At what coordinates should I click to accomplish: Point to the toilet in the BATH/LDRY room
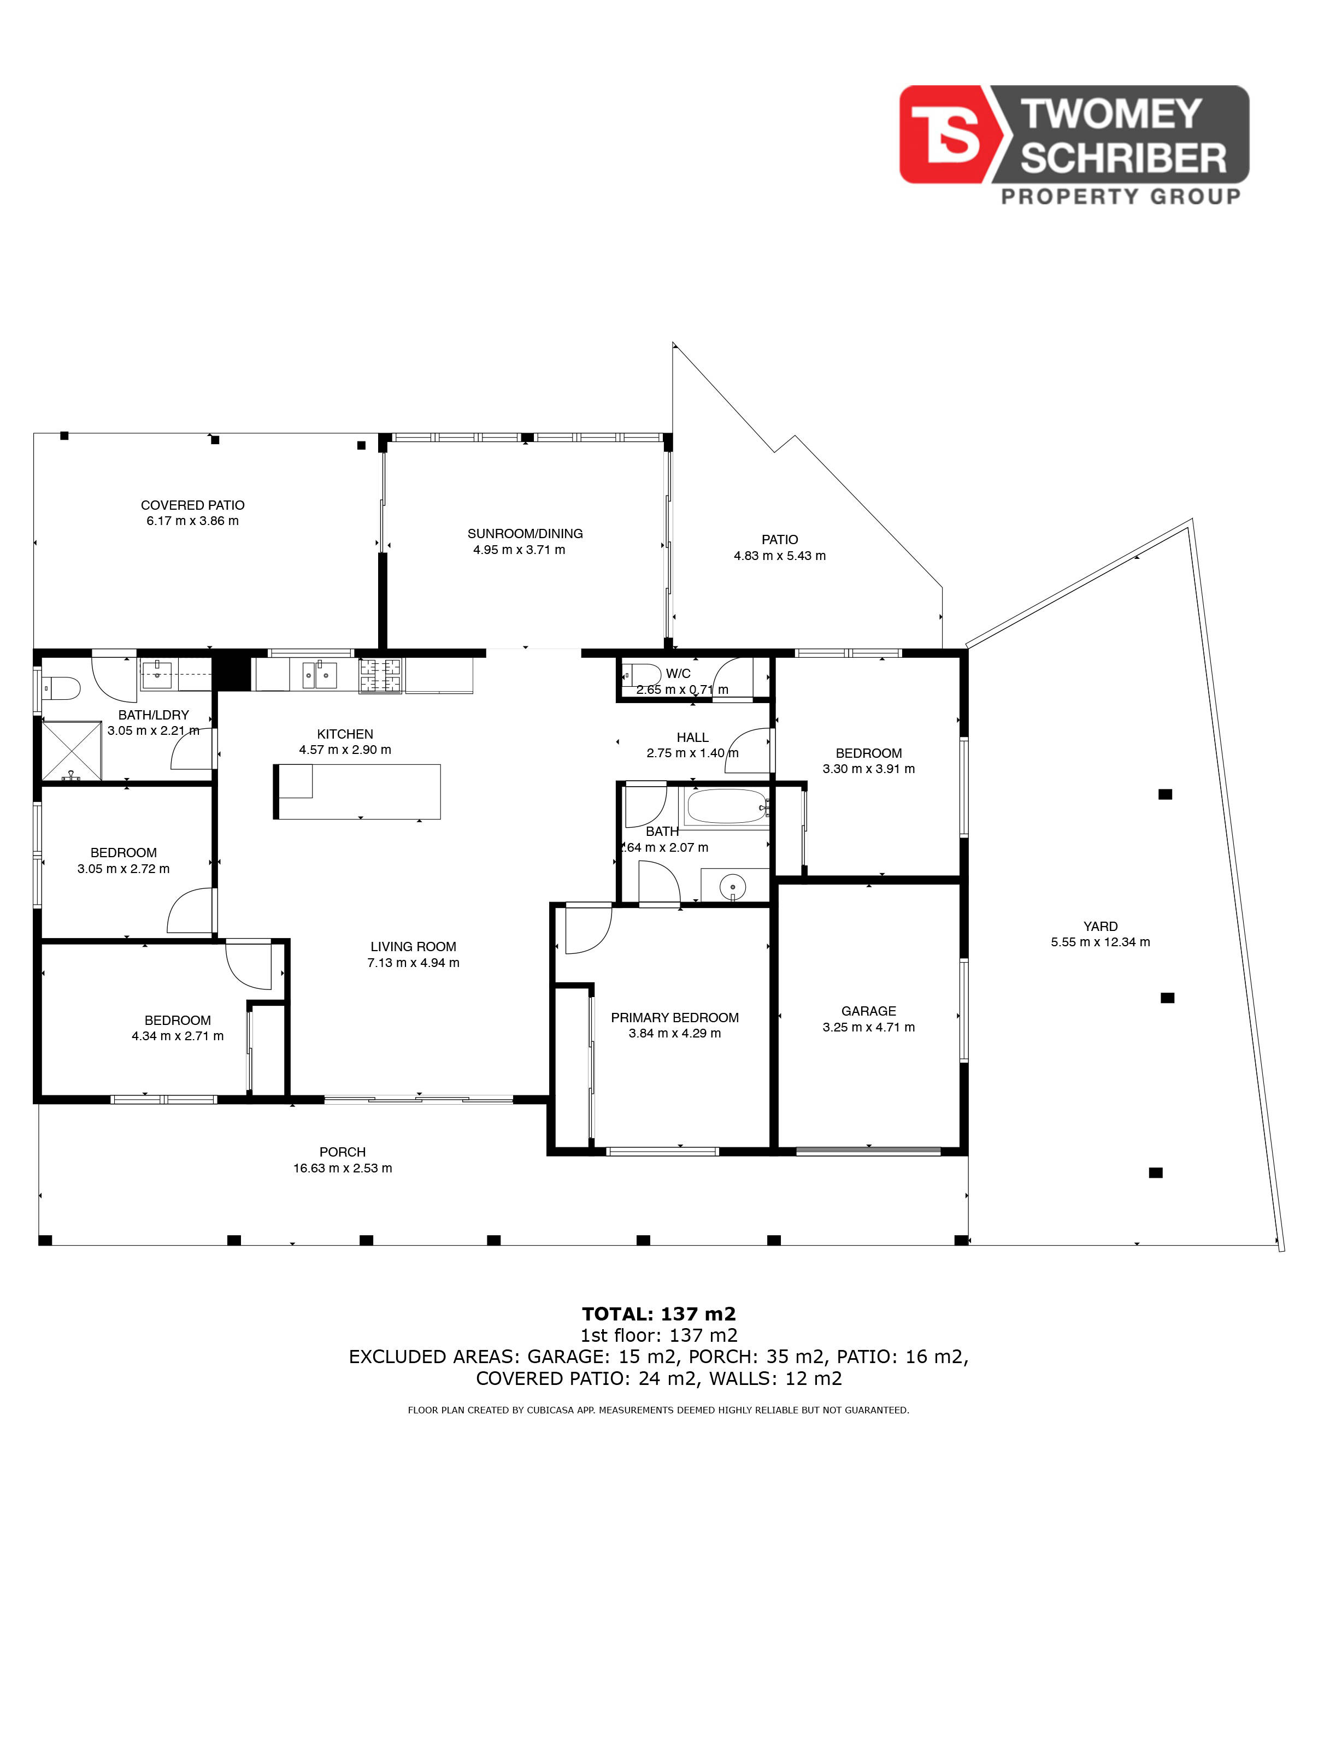point(61,688)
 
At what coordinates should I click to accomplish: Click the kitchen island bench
point(357,791)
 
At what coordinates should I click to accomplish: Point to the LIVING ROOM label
point(413,946)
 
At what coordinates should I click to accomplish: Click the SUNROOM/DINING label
point(525,534)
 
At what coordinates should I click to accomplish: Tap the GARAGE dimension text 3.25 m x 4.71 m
point(868,1027)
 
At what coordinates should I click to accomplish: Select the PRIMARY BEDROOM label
point(674,1017)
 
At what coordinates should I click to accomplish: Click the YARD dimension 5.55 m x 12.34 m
point(1101,942)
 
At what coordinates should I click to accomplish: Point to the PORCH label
point(343,1152)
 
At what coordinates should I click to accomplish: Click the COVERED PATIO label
point(192,505)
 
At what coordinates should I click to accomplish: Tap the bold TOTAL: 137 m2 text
point(658,1314)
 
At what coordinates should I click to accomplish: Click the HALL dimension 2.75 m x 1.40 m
point(692,753)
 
